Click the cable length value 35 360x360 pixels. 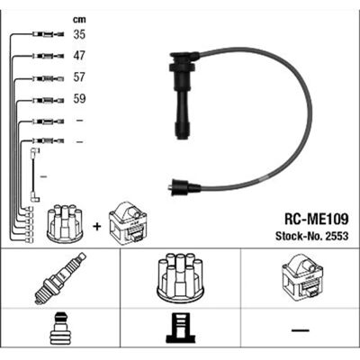[x=79, y=34]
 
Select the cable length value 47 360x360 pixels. [x=79, y=56]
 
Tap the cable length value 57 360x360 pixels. [x=79, y=77]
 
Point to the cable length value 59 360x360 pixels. [x=79, y=99]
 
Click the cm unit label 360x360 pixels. [x=79, y=20]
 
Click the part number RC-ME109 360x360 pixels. [x=316, y=220]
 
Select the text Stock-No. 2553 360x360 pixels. [x=312, y=236]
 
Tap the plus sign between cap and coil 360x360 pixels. [x=96, y=227]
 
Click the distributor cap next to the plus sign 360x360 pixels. [x=65, y=224]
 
